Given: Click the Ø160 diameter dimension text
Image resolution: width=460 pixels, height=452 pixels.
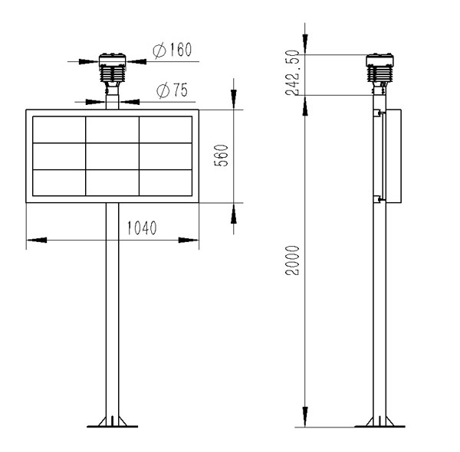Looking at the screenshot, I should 172,51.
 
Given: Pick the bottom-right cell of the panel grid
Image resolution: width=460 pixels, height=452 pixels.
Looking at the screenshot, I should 165,182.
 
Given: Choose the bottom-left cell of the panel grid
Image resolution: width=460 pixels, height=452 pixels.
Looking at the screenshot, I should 59,182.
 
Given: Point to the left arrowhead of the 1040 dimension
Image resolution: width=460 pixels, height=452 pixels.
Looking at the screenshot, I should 34,240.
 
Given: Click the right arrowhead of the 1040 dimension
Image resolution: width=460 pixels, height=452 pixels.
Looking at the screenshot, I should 191,240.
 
